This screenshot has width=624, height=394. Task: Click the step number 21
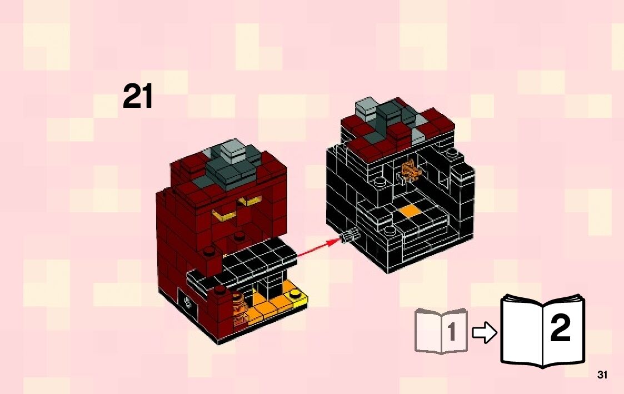point(138,97)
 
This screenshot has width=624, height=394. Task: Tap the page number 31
point(602,375)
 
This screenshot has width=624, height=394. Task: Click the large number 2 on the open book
point(560,329)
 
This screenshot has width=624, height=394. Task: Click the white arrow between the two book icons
point(484,333)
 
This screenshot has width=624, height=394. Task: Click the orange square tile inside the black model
point(409,211)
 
